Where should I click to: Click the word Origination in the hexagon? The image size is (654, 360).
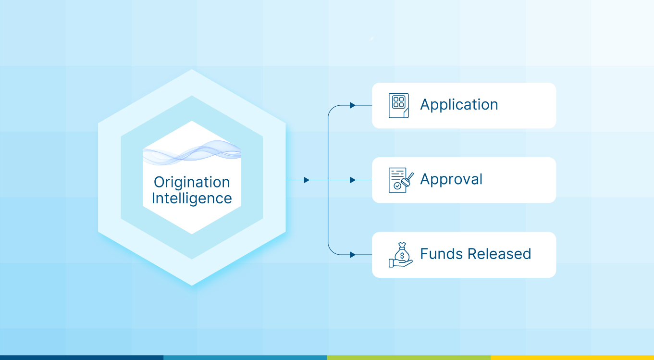point(192,182)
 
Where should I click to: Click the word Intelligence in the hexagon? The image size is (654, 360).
point(192,198)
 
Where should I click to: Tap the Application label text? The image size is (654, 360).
point(459,105)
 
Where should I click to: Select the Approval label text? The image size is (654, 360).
point(451,179)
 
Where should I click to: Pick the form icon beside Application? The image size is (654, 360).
point(398,105)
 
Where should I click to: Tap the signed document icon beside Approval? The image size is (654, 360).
point(400,180)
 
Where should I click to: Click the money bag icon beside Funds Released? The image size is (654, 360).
point(400,255)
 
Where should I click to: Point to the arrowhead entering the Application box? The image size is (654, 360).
point(353,105)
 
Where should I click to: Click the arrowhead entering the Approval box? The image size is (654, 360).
point(353,180)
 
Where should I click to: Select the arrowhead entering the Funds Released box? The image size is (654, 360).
point(353,255)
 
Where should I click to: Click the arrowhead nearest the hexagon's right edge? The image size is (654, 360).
point(307,180)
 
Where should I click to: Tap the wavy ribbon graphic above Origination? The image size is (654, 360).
point(192,152)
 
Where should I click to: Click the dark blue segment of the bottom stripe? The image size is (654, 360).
point(82,358)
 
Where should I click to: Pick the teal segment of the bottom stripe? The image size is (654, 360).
point(245,358)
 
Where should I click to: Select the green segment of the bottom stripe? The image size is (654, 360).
point(408,358)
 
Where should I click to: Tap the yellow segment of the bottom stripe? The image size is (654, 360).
point(572,358)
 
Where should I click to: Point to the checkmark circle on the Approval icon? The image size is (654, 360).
point(397,186)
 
